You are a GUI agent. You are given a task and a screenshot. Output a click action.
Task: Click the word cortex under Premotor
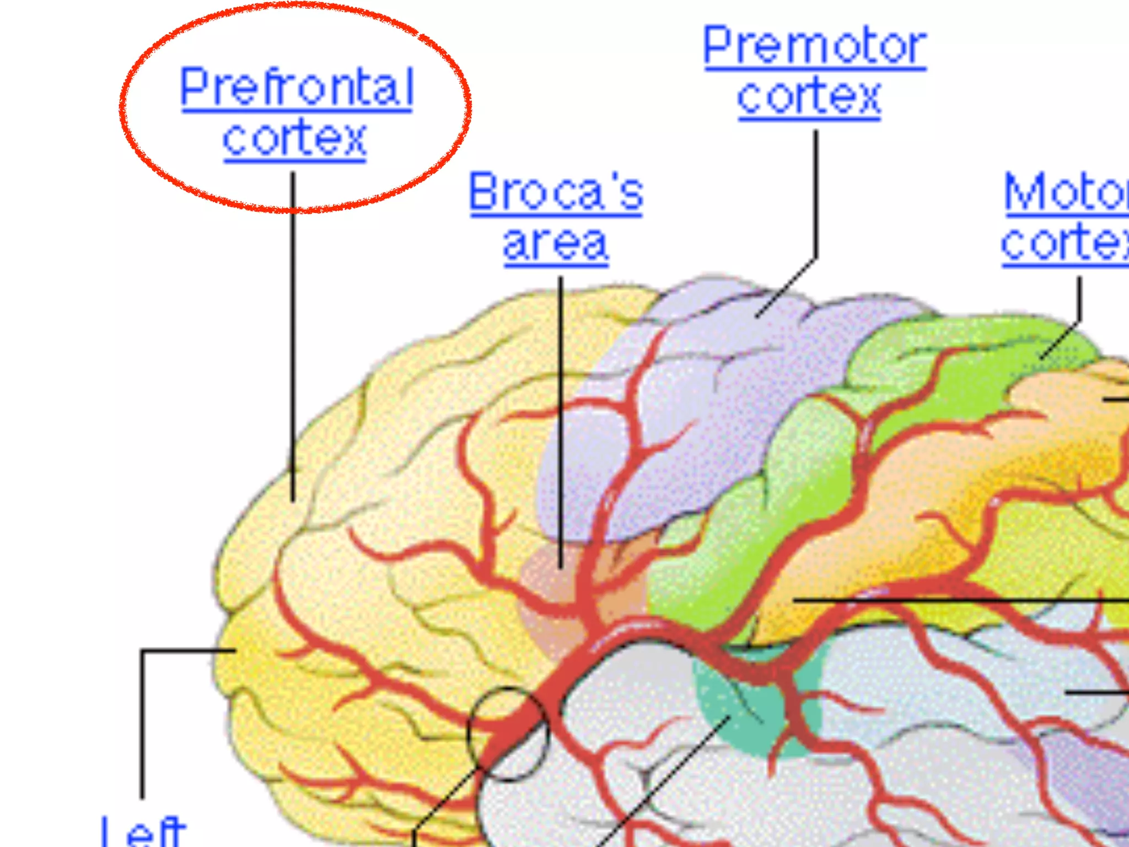tap(809, 96)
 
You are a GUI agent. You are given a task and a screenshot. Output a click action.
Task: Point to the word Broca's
tap(556, 191)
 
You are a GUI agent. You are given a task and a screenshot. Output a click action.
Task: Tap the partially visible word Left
tap(143, 833)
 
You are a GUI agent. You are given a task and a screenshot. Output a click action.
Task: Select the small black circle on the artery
tap(508, 689)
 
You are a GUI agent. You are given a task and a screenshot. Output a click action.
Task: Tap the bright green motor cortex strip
tap(816, 496)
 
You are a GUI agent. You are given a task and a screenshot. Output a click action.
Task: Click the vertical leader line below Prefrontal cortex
tap(293, 331)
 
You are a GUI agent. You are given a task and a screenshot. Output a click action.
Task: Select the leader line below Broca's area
tap(561, 419)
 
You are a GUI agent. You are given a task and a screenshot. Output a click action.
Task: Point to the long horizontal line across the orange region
tap(959, 599)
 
